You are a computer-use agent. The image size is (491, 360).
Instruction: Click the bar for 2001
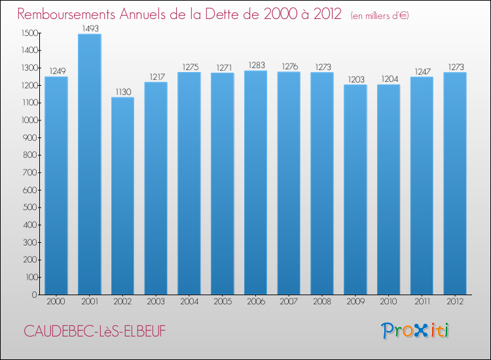pyautogui.click(x=89, y=164)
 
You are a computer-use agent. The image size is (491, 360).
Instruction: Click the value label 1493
pyautogui.click(x=89, y=28)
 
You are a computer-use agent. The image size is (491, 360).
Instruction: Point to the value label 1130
pyautogui.click(x=122, y=92)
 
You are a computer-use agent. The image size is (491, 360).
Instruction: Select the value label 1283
pyautogui.click(x=255, y=65)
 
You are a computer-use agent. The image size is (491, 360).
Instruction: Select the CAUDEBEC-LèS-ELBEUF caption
pyautogui.click(x=95, y=331)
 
